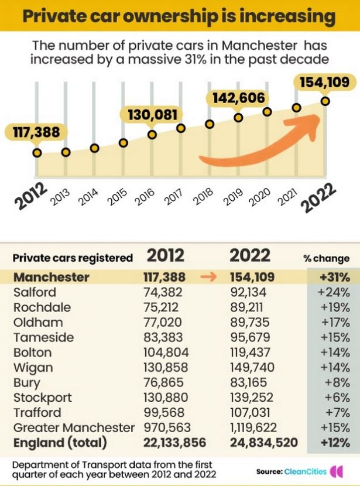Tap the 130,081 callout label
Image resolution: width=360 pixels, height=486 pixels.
pos(152,114)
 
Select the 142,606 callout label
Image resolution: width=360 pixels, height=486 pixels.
pos(238,98)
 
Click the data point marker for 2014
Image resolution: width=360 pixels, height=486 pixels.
pos(94,148)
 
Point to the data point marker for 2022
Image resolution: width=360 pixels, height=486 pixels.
pos(325,101)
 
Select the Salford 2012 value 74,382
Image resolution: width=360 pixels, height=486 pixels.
pos(163,292)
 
